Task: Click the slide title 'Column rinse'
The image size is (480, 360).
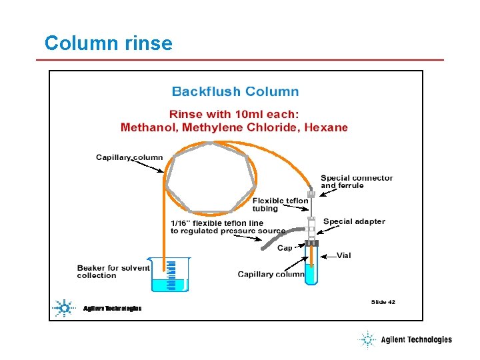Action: pyautogui.click(x=108, y=44)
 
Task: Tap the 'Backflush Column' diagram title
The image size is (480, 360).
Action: pyautogui.click(x=235, y=91)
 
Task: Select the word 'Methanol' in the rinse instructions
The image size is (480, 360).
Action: pyautogui.click(x=147, y=127)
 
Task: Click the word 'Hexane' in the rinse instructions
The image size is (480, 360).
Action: pyautogui.click(x=326, y=127)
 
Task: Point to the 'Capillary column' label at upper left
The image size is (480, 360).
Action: pyautogui.click(x=129, y=157)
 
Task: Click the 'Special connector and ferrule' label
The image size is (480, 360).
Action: pyautogui.click(x=357, y=181)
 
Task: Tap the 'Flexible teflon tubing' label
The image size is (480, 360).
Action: pyautogui.click(x=280, y=205)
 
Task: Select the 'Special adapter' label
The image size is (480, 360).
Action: pyautogui.click(x=354, y=221)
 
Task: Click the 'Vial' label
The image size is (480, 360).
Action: pyautogui.click(x=344, y=255)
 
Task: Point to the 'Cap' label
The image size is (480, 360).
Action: pyautogui.click(x=285, y=248)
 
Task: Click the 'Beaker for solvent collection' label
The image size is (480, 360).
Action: pyautogui.click(x=113, y=271)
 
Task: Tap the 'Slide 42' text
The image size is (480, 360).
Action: pyautogui.click(x=383, y=302)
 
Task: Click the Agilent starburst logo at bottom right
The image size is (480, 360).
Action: pyautogui.click(x=367, y=340)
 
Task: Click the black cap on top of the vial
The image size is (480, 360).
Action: pyautogui.click(x=311, y=243)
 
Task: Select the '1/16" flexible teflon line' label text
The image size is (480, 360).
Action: pyautogui.click(x=217, y=223)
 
